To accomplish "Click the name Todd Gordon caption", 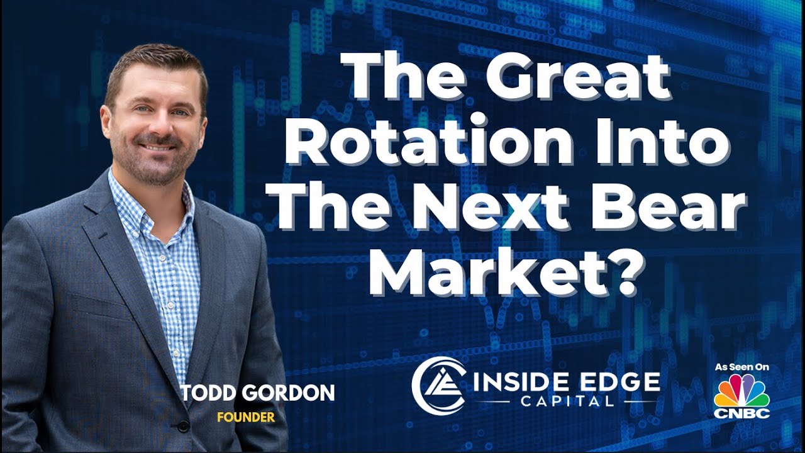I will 258,394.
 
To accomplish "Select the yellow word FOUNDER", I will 246,417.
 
